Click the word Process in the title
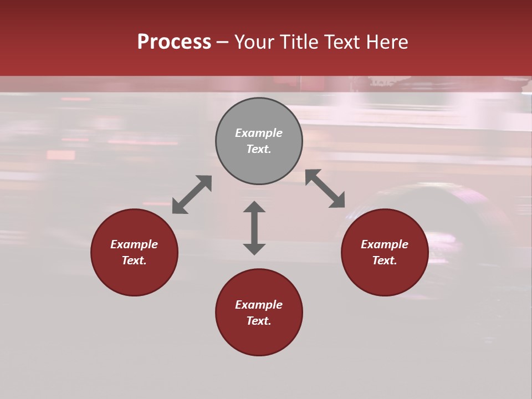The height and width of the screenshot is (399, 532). (x=174, y=42)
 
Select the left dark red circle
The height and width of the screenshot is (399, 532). (x=134, y=277)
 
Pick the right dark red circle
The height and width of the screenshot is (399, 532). (x=385, y=277)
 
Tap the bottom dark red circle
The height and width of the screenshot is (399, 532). (x=259, y=338)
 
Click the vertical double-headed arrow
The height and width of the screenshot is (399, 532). (x=254, y=228)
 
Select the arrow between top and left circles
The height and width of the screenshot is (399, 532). (x=192, y=195)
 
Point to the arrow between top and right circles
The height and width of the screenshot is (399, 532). (x=325, y=188)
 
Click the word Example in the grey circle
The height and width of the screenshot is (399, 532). (x=259, y=133)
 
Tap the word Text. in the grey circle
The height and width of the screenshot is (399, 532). (x=259, y=149)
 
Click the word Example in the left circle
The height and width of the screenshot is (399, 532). (x=134, y=244)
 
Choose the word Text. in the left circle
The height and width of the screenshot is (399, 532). (x=134, y=260)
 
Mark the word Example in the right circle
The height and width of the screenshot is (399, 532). (x=385, y=244)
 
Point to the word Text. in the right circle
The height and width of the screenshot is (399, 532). (x=385, y=260)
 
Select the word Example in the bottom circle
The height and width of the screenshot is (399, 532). (x=259, y=305)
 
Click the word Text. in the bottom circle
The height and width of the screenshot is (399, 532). (x=259, y=321)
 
